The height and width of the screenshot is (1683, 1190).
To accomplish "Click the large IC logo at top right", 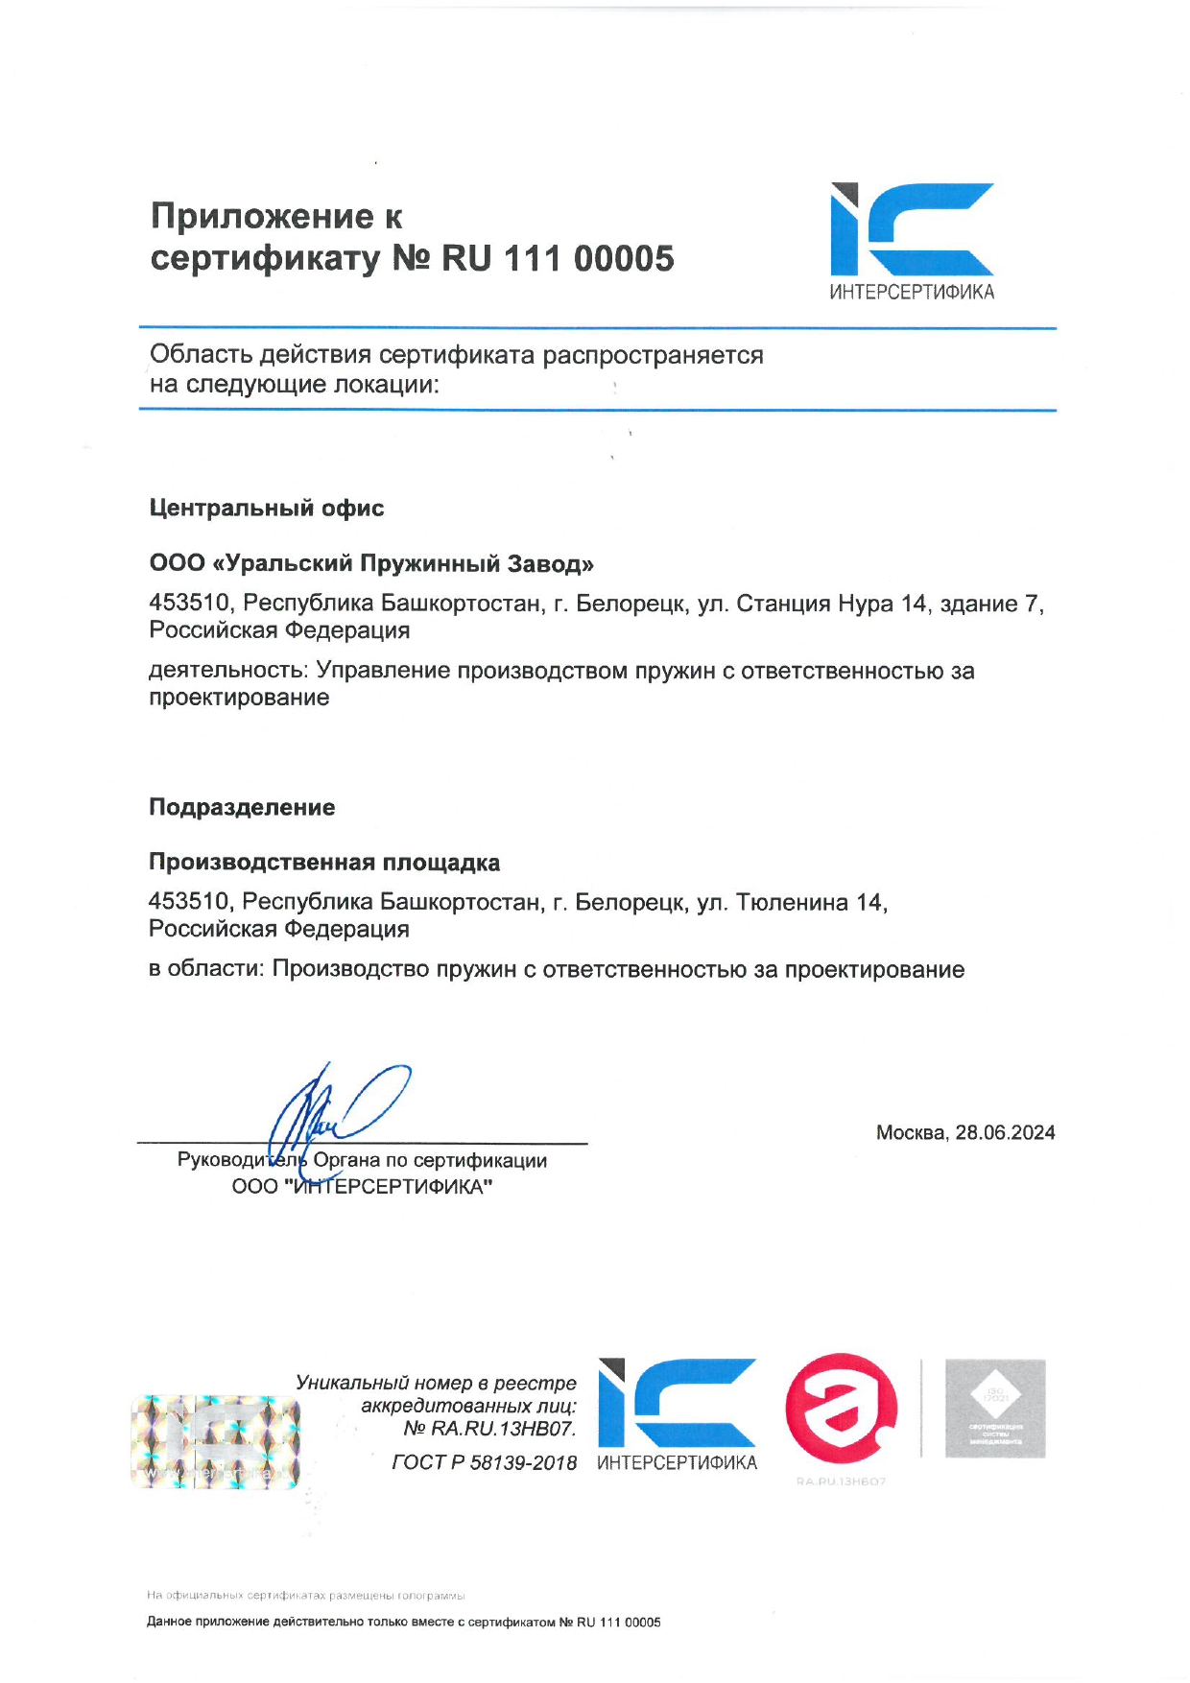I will (912, 231).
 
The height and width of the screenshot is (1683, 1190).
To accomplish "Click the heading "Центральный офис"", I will (267, 509).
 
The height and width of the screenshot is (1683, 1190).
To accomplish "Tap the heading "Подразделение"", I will (242, 808).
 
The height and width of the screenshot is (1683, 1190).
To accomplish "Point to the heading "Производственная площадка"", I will (324, 863).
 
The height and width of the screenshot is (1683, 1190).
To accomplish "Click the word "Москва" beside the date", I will (910, 1132).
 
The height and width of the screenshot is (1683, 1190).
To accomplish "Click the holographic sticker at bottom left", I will (215, 1442).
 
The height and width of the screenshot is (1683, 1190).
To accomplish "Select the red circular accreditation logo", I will (842, 1408).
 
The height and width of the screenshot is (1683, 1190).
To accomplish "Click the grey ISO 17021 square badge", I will (995, 1409).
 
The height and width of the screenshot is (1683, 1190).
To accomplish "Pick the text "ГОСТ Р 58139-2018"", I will (485, 1462).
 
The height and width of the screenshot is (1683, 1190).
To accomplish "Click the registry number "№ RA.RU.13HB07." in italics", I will (489, 1429).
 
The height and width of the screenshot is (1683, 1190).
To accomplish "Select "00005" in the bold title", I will (624, 259).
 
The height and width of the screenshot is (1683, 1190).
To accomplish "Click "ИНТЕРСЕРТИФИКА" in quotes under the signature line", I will (391, 1187).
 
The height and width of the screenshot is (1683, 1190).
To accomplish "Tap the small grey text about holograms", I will (306, 1596).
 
